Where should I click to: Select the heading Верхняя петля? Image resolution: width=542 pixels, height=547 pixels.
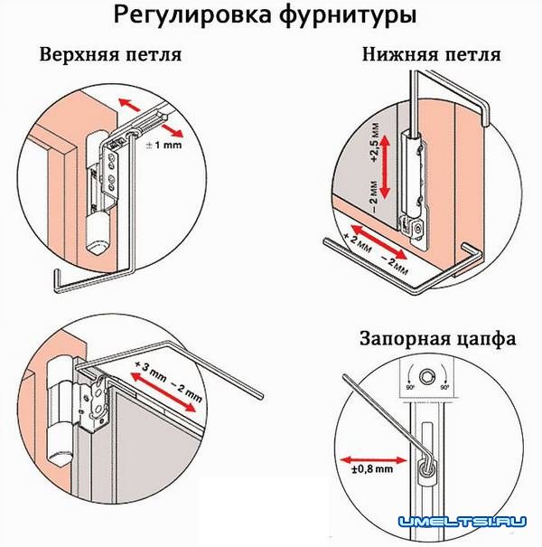(111, 54)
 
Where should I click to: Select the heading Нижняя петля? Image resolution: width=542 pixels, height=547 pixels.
(430, 54)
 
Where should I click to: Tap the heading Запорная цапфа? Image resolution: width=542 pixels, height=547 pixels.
(437, 340)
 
